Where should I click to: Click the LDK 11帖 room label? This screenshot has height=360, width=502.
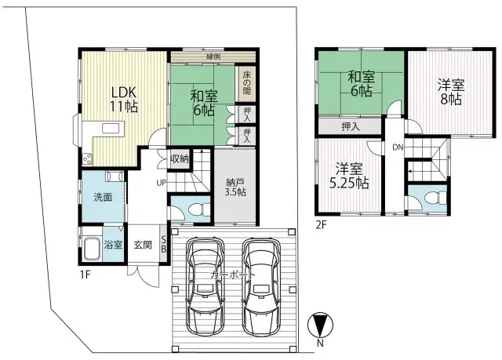[x=123, y=98]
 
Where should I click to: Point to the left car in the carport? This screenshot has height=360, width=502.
[x=205, y=286]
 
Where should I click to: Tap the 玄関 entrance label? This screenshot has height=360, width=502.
[x=142, y=244]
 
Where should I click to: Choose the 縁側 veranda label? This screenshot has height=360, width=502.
[x=213, y=56]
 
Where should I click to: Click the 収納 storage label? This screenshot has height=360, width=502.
[x=180, y=158]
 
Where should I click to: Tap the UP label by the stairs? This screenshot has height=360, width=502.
[x=160, y=184]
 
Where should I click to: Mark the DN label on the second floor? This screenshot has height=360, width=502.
[x=398, y=147]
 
